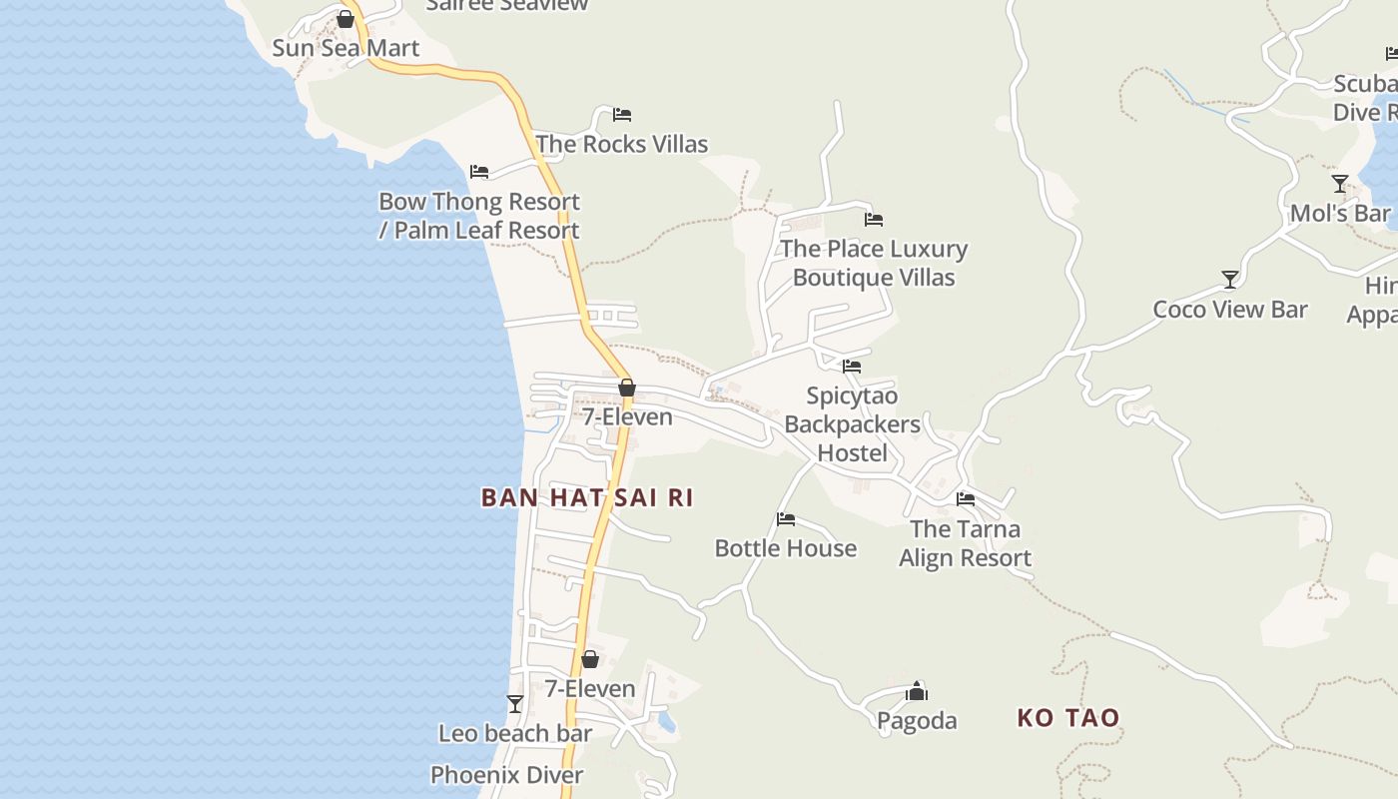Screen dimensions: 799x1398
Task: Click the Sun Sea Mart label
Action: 346,48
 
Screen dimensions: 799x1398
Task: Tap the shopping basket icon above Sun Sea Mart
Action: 346,19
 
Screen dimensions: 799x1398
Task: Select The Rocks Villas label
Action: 621,144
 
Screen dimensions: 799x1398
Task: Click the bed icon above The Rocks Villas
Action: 622,115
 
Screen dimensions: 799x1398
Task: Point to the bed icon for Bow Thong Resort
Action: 479,172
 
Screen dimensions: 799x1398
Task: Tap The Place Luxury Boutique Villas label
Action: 874,263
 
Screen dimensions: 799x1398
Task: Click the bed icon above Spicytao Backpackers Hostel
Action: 852,367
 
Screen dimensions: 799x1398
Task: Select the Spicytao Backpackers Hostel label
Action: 852,424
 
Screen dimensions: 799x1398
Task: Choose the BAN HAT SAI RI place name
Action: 587,497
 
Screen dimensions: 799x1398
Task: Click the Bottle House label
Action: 786,548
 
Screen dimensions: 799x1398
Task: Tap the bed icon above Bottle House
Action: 786,519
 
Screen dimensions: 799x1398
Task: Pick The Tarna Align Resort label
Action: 965,543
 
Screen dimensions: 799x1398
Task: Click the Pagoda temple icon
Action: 917,691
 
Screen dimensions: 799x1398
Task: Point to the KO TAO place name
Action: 1068,717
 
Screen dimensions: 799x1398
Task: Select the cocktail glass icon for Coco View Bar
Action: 1230,280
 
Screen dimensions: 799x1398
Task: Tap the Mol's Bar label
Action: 1340,214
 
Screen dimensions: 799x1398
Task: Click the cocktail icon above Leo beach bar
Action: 515,704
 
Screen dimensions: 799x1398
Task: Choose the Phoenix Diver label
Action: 507,775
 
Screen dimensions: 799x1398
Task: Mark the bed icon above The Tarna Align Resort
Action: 966,499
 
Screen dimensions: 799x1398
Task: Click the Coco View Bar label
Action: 1230,310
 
